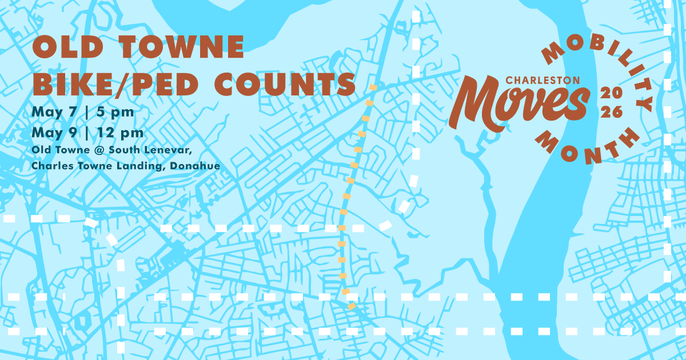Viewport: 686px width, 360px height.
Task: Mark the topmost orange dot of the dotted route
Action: [x=373, y=88]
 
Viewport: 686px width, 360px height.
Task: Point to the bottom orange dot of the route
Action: [x=351, y=307]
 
